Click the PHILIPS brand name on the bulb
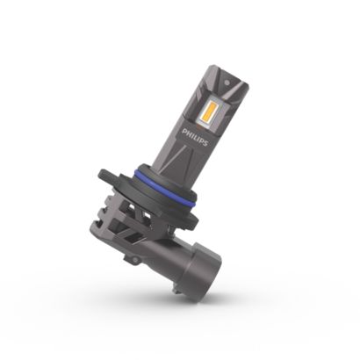(195, 137)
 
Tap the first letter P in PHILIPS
(184, 131)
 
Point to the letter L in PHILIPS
(195, 137)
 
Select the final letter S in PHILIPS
(205, 143)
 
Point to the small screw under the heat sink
(134, 260)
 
